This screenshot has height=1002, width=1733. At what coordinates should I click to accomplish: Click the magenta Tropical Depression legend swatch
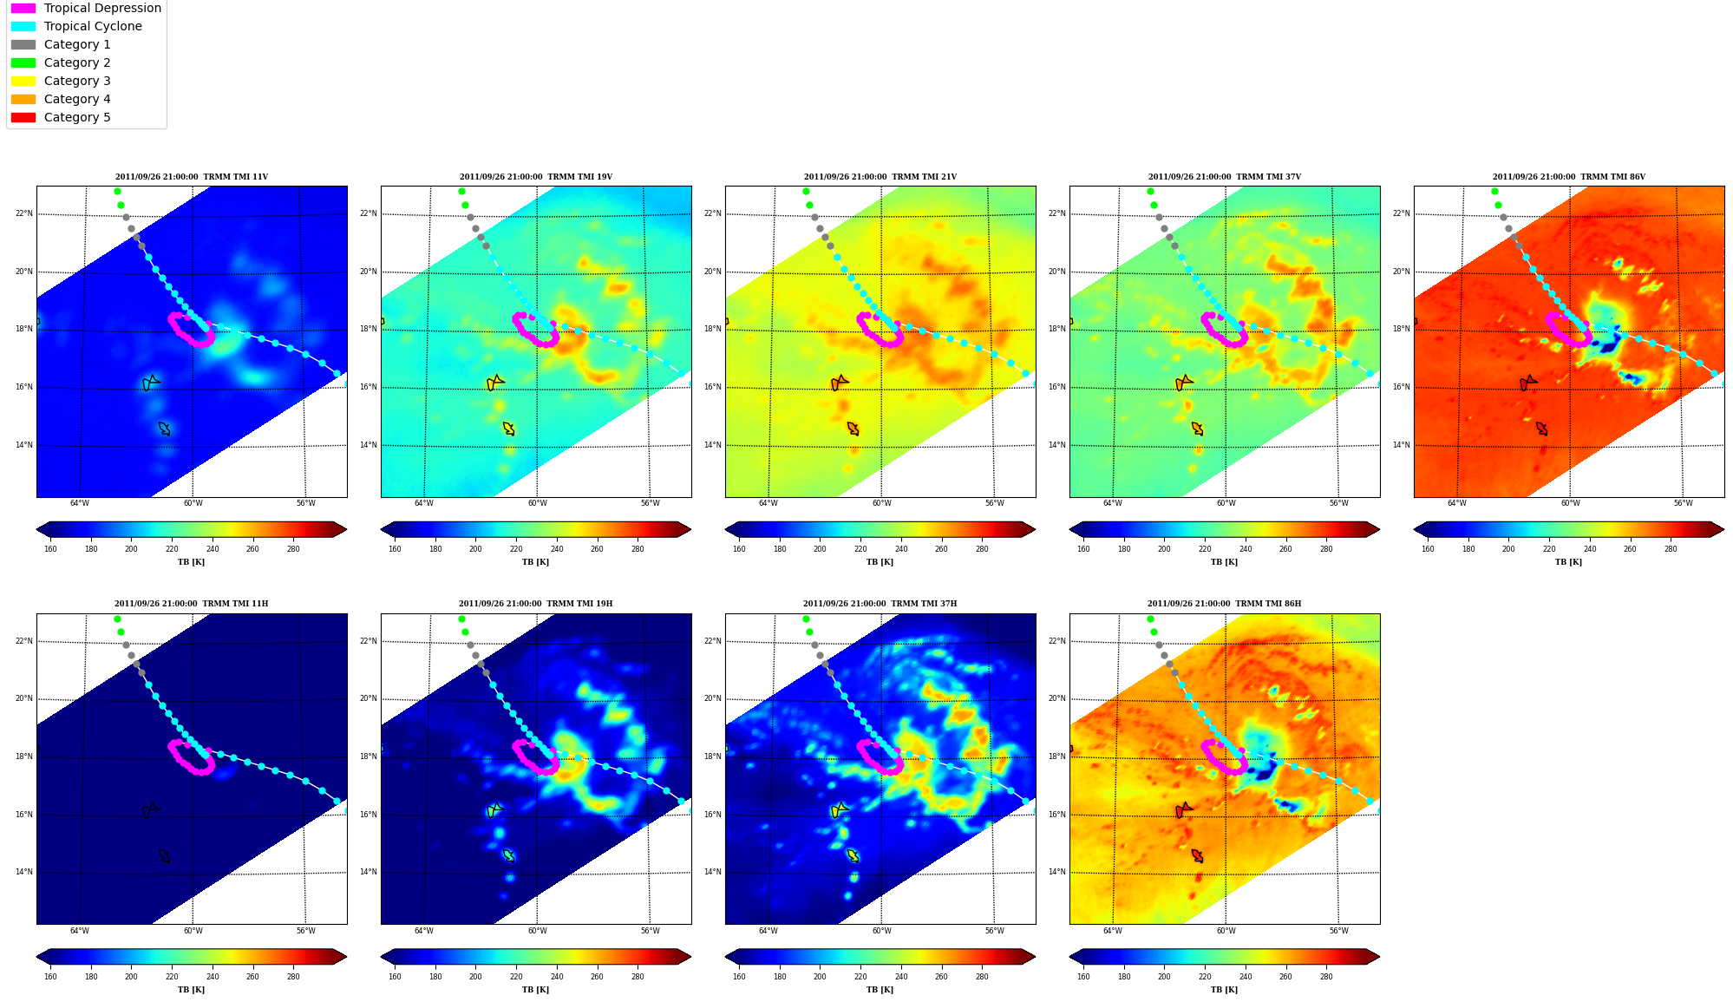pyautogui.click(x=23, y=8)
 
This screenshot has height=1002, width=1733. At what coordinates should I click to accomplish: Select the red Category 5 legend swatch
pyautogui.click(x=23, y=117)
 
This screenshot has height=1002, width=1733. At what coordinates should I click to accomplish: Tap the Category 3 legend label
pyautogui.click(x=77, y=81)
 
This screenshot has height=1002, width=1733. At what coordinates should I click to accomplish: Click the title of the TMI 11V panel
pyautogui.click(x=192, y=177)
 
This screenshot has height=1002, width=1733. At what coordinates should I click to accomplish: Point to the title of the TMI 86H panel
pyautogui.click(x=1224, y=604)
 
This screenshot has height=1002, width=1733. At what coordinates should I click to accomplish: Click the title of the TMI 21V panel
pyautogui.click(x=880, y=177)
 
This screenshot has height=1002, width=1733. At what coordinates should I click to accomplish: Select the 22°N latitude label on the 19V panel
pyautogui.click(x=369, y=213)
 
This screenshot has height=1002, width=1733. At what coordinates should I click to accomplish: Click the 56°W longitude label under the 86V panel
pyautogui.click(x=1683, y=503)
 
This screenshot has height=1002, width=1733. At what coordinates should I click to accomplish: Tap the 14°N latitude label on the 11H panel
pyautogui.click(x=24, y=872)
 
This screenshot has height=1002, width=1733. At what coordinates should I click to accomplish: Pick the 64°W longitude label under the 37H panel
pyautogui.click(x=768, y=931)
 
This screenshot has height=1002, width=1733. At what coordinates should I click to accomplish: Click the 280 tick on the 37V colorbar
pyautogui.click(x=1326, y=548)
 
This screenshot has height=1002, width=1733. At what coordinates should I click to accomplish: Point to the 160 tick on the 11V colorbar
pyautogui.click(x=50, y=548)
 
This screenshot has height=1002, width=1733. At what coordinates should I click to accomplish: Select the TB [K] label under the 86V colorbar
pyautogui.click(x=1568, y=562)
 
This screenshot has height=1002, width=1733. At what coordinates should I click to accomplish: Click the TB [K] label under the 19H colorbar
pyautogui.click(x=535, y=990)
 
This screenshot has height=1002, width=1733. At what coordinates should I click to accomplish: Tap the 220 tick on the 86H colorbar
pyautogui.click(x=1205, y=977)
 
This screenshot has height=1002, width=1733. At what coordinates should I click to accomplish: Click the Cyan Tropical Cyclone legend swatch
pyautogui.click(x=23, y=26)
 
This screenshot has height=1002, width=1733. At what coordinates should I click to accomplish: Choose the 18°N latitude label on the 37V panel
pyautogui.click(x=1057, y=329)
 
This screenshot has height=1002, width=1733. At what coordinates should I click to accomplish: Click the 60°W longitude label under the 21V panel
pyautogui.click(x=881, y=503)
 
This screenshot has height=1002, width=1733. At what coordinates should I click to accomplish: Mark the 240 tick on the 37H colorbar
pyautogui.click(x=901, y=977)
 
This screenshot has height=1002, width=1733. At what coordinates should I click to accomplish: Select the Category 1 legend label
pyautogui.click(x=77, y=44)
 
